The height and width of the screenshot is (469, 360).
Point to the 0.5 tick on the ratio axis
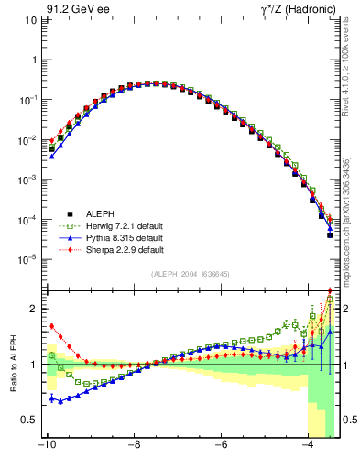[x=28, y=420]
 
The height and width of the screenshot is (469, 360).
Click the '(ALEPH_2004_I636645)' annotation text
[x=191, y=275]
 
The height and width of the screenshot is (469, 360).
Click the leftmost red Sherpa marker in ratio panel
[x=52, y=325]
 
